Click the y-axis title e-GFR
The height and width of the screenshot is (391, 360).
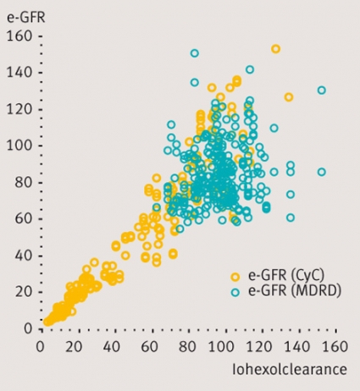(26, 18)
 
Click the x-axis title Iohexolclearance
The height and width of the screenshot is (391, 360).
(290, 369)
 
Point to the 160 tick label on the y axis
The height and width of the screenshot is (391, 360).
(19, 36)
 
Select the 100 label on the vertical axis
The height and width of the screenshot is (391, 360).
(19, 146)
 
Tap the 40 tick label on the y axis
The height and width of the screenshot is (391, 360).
(23, 256)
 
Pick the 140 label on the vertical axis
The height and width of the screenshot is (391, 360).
(19, 73)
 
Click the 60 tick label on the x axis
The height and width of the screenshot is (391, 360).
(149, 347)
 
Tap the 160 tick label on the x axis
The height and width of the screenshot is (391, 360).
(335, 347)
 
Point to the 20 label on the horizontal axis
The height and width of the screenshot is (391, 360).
(74, 347)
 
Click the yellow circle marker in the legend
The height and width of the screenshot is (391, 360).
(235, 277)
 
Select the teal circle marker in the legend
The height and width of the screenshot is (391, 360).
(235, 292)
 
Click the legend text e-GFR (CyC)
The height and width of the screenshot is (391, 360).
(286, 275)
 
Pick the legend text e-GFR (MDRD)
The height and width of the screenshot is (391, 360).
(295, 290)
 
